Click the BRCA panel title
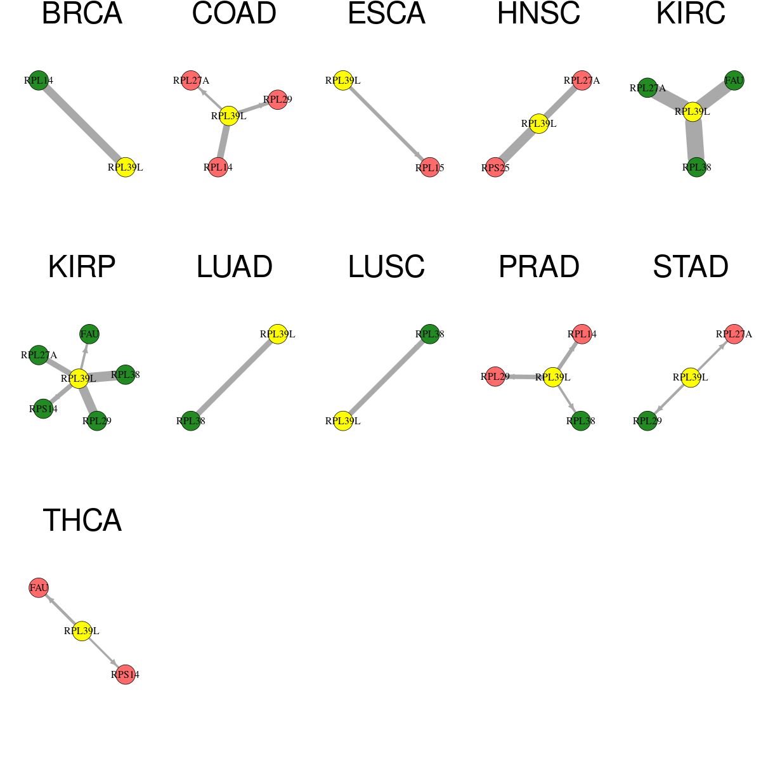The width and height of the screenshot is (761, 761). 82,13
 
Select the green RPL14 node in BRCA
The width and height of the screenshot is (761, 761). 39,80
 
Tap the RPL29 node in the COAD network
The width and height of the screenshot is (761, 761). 278,100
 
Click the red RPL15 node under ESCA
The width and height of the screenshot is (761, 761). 430,167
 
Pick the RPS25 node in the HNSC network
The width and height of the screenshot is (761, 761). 495,167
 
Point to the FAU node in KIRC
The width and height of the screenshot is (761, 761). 734,80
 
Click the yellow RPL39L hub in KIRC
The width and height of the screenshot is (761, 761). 693,112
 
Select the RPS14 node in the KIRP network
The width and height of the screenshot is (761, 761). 43,408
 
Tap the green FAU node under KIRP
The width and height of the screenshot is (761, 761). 89,334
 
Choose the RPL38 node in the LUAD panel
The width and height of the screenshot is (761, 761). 191,420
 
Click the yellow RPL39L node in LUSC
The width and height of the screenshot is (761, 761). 343,420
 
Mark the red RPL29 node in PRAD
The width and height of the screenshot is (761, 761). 495,376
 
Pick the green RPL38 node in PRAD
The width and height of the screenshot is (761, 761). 580,420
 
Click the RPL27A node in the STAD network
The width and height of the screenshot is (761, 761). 734,334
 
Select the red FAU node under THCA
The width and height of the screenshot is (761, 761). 39,588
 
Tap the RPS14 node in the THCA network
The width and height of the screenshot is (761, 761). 125,675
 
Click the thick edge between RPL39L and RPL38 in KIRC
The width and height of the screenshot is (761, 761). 694,140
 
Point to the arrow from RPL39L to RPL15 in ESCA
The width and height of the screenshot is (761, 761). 386,124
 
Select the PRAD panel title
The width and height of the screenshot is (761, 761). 538,267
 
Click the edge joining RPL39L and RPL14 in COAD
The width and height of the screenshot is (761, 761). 223,141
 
